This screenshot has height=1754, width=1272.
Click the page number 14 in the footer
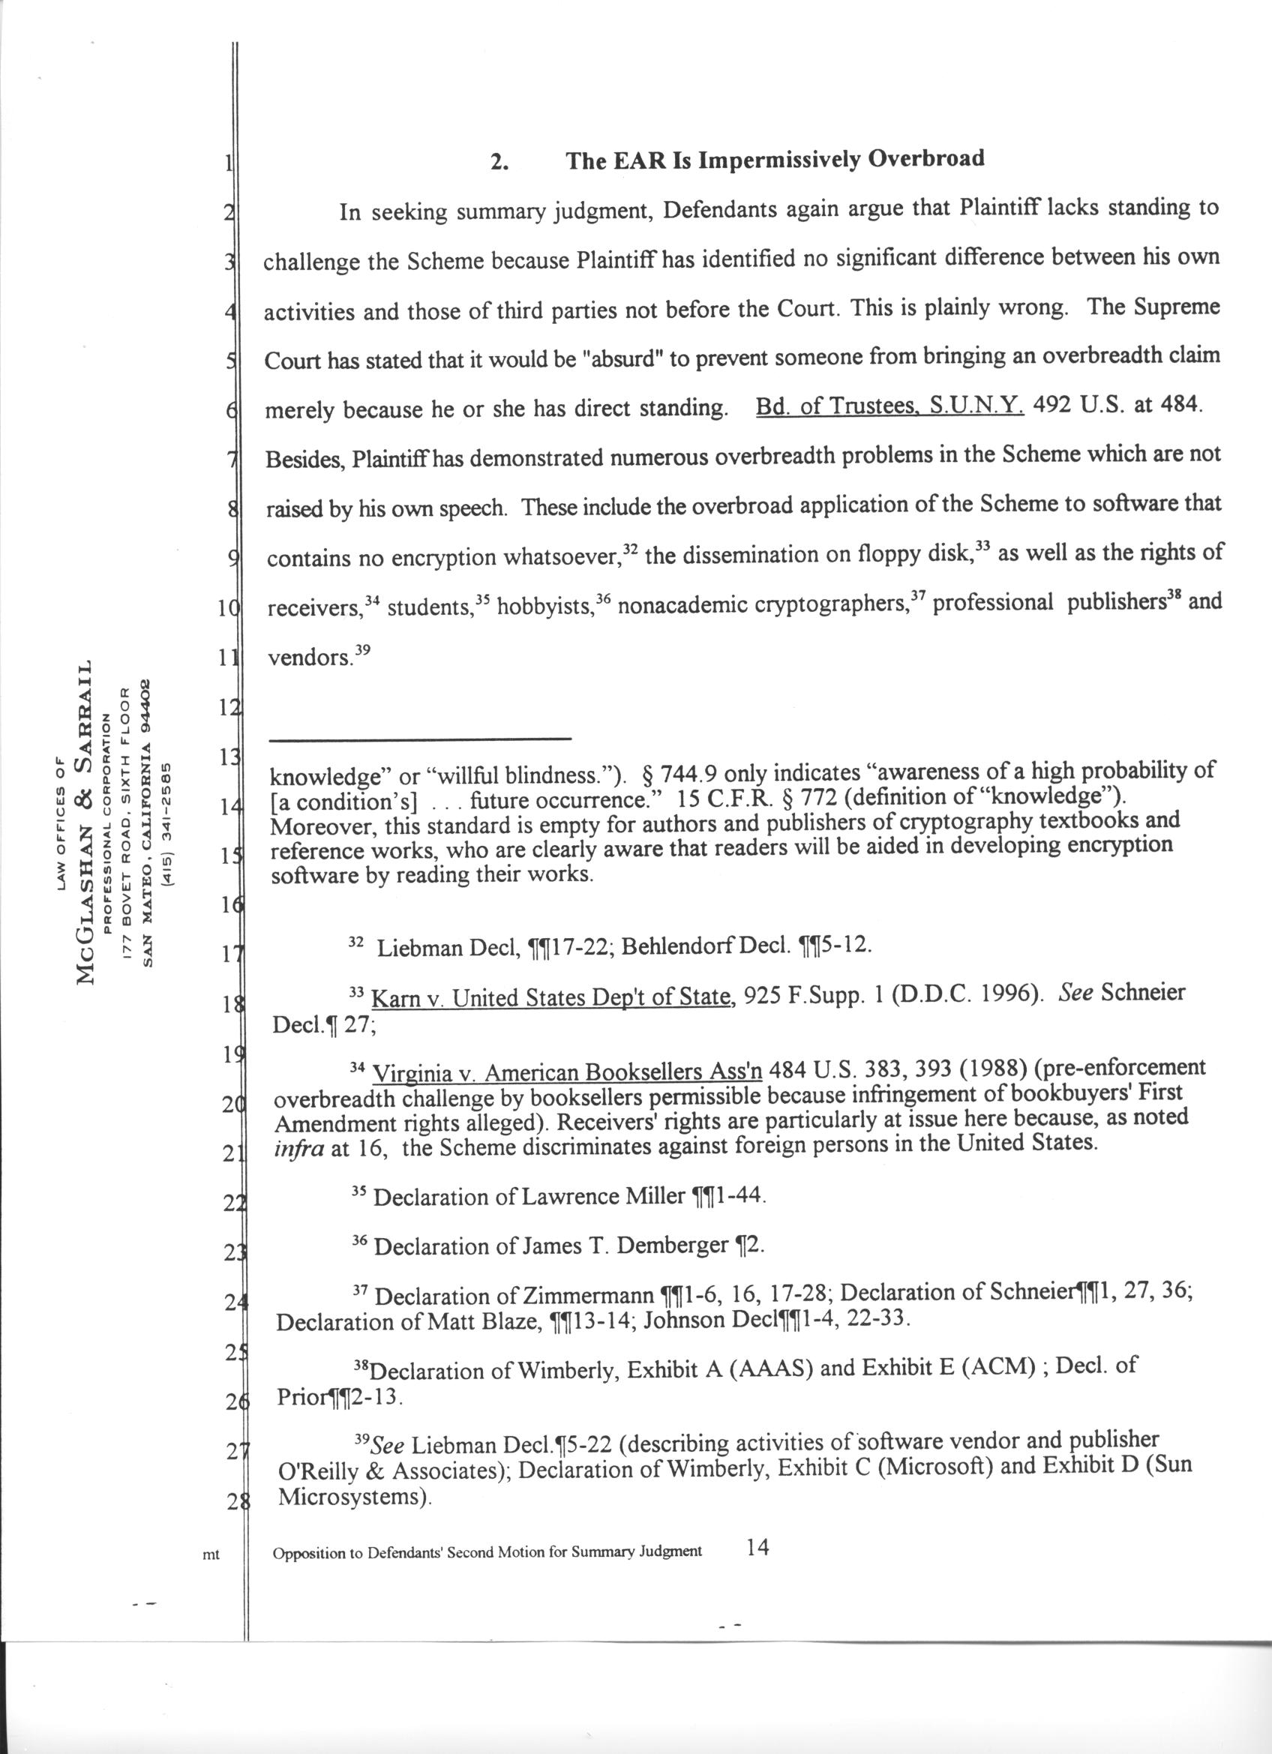click(757, 1547)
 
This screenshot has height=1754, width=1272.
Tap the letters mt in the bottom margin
click(210, 1554)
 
